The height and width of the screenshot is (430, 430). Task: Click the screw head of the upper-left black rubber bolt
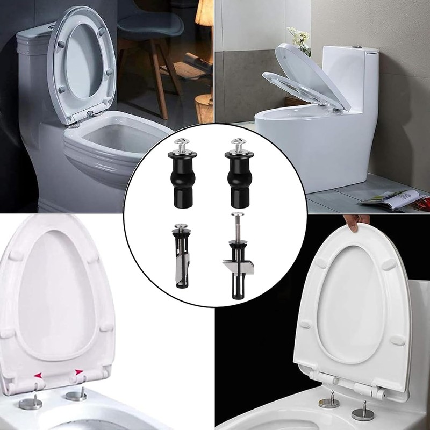[181, 141]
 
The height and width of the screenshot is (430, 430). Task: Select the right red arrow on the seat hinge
[79, 371]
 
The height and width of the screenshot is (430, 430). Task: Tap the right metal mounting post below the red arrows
[76, 396]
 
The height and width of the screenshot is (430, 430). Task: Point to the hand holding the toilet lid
[357, 221]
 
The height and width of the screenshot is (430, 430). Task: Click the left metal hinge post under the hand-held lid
[328, 400]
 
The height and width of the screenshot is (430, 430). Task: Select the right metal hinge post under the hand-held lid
[362, 412]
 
